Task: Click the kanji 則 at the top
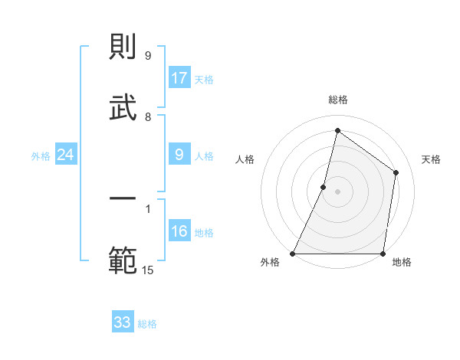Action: (123, 48)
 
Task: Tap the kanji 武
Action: (123, 108)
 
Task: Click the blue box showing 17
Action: (179, 78)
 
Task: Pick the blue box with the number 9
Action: (179, 155)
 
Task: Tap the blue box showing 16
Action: (179, 231)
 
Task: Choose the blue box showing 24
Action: (66, 155)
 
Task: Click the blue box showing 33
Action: (123, 322)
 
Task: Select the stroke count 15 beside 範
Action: (148, 270)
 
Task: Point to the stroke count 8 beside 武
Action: (148, 117)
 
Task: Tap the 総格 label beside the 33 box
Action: (148, 324)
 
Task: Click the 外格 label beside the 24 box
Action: (41, 156)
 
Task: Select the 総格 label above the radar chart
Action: (338, 100)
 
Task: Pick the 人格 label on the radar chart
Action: (245, 159)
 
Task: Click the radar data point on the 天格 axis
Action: (396, 172)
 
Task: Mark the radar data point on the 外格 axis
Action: (293, 254)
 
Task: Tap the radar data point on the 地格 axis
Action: (383, 254)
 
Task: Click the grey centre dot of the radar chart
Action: (338, 191)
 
